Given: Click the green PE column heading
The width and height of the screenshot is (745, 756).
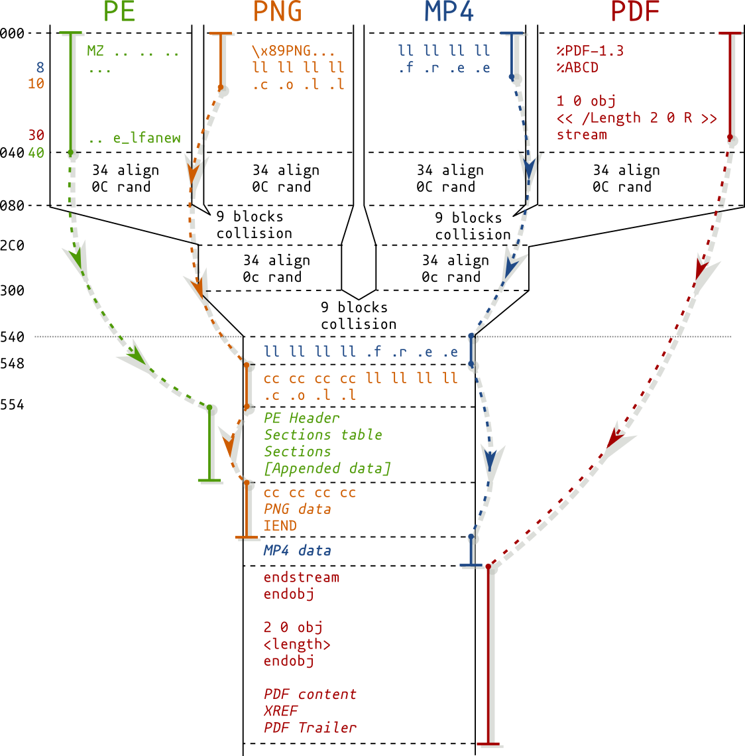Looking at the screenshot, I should pyautogui.click(x=119, y=12).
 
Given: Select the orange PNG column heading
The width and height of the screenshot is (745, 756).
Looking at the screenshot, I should pyautogui.click(x=278, y=12).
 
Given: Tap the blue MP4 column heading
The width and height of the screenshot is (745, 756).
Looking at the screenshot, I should pyautogui.click(x=449, y=12).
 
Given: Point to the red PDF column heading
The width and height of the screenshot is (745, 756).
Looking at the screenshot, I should pyautogui.click(x=634, y=12).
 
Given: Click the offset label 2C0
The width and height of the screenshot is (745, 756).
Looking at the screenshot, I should pyautogui.click(x=12, y=245).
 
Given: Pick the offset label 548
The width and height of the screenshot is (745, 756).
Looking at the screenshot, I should pyautogui.click(x=12, y=363).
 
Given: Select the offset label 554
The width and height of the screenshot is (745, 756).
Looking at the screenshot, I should pyautogui.click(x=12, y=405).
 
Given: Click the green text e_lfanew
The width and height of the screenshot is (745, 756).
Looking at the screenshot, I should pyautogui.click(x=146, y=138).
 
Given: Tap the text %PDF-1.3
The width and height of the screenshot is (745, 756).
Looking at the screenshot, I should pyautogui.click(x=590, y=51).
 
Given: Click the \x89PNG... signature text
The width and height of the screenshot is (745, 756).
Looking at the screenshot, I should pyautogui.click(x=293, y=51).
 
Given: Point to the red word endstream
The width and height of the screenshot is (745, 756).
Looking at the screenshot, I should pyautogui.click(x=301, y=578).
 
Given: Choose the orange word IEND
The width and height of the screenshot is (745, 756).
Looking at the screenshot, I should pyautogui.click(x=280, y=526).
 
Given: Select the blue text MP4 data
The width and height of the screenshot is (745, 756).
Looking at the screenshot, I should pyautogui.click(x=297, y=550).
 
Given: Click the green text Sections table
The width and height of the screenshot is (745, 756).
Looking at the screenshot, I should pyautogui.click(x=323, y=435).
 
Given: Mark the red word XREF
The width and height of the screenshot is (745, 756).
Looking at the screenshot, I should pyautogui.click(x=280, y=711).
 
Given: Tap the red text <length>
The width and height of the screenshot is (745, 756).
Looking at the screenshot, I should pyautogui.click(x=296, y=645).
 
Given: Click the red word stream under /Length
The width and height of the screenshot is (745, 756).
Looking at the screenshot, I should pyautogui.click(x=581, y=135).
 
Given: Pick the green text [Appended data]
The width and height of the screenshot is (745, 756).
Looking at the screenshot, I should pyautogui.click(x=327, y=468).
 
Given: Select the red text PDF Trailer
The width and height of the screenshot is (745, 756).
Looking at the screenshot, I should pyautogui.click(x=310, y=727).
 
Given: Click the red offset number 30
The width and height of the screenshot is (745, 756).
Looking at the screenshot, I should pyautogui.click(x=36, y=135).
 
